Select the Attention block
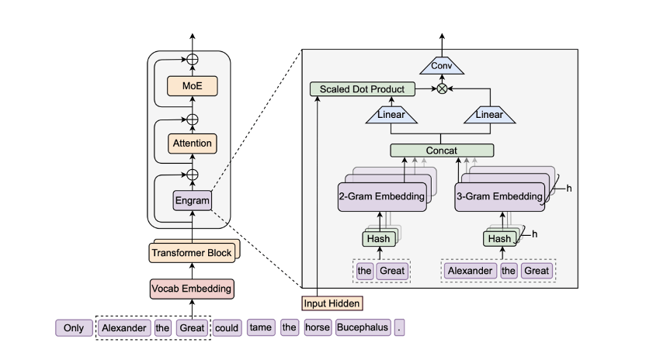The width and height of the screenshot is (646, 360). point(191,144)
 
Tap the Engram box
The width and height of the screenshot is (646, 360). point(191,201)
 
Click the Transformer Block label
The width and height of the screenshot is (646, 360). point(191,252)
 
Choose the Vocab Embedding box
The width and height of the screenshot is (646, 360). point(191,289)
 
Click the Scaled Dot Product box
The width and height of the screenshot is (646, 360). point(362,89)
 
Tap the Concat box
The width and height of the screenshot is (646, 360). point(442,150)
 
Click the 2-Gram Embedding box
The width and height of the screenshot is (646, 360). point(382,196)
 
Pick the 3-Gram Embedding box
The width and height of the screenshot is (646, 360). point(498,196)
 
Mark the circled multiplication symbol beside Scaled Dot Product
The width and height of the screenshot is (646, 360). point(443,89)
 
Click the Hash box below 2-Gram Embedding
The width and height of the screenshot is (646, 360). point(378,238)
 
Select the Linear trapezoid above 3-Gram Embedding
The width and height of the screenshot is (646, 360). point(489,115)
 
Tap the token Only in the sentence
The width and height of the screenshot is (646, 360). point(74,327)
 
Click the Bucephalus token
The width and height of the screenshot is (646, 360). point(362,327)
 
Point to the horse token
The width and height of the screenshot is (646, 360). point(317,327)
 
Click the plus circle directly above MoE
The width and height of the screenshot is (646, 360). point(192,59)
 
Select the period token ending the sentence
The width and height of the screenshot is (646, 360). point(399,327)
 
